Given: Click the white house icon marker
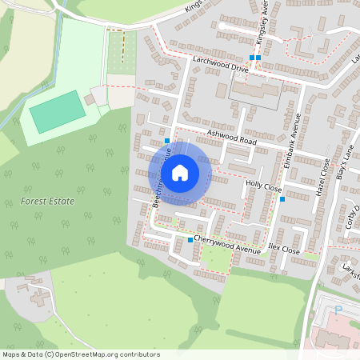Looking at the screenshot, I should point(180,173).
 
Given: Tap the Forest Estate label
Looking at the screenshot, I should point(48,202).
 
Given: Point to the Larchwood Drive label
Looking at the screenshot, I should point(220,64).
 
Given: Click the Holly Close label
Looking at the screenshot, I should point(264,185).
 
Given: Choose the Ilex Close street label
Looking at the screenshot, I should point(284,250).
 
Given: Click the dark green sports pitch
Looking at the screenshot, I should point(57,112).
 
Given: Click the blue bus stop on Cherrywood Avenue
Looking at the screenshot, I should point(190,240).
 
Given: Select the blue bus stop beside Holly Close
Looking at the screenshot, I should point(282,199).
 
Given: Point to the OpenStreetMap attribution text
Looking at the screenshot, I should point(80,354).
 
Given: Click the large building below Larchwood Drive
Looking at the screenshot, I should point(254,95).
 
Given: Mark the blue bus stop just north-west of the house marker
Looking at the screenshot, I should point(166,140).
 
